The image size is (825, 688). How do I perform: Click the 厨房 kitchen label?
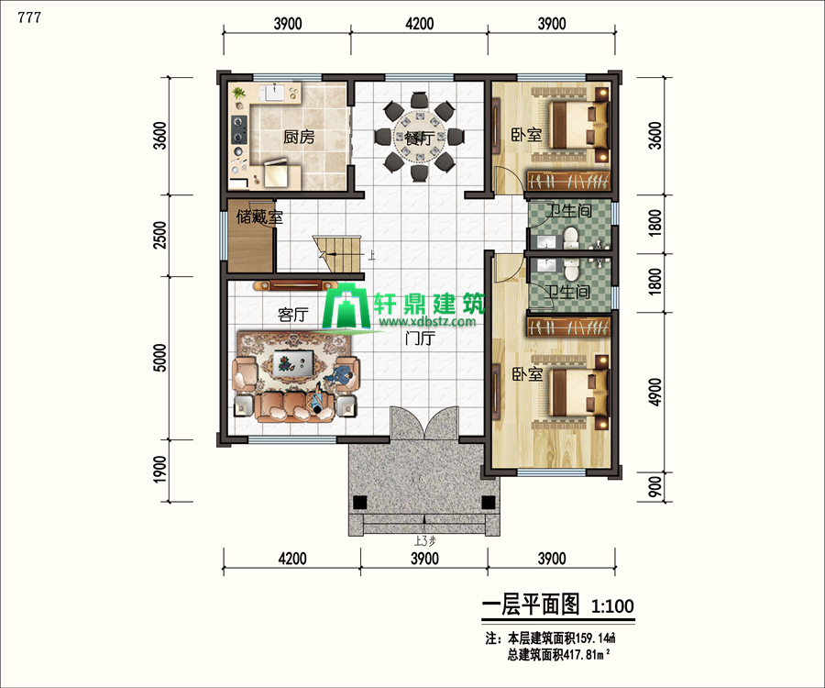(x=299, y=137)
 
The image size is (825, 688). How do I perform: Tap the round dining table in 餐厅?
(x=419, y=138)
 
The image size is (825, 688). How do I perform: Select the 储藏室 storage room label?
(x=259, y=216)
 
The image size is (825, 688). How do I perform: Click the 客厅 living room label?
(x=293, y=315)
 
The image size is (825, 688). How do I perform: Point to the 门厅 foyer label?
(x=420, y=338)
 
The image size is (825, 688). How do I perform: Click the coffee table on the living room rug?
(x=293, y=362)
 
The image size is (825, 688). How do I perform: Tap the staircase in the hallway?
(x=336, y=254)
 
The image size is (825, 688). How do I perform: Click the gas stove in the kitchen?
(x=239, y=130)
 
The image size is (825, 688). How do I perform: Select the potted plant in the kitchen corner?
(x=239, y=94)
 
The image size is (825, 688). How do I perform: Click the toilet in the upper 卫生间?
(x=571, y=238)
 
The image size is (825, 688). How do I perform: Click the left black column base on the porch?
(x=360, y=502)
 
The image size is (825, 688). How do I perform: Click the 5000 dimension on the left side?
(x=159, y=358)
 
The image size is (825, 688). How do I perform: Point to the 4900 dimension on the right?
(x=654, y=393)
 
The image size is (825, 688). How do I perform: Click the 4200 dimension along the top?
(x=419, y=24)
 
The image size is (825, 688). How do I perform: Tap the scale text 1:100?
(x=612, y=605)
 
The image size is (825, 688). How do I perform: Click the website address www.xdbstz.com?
(x=427, y=322)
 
